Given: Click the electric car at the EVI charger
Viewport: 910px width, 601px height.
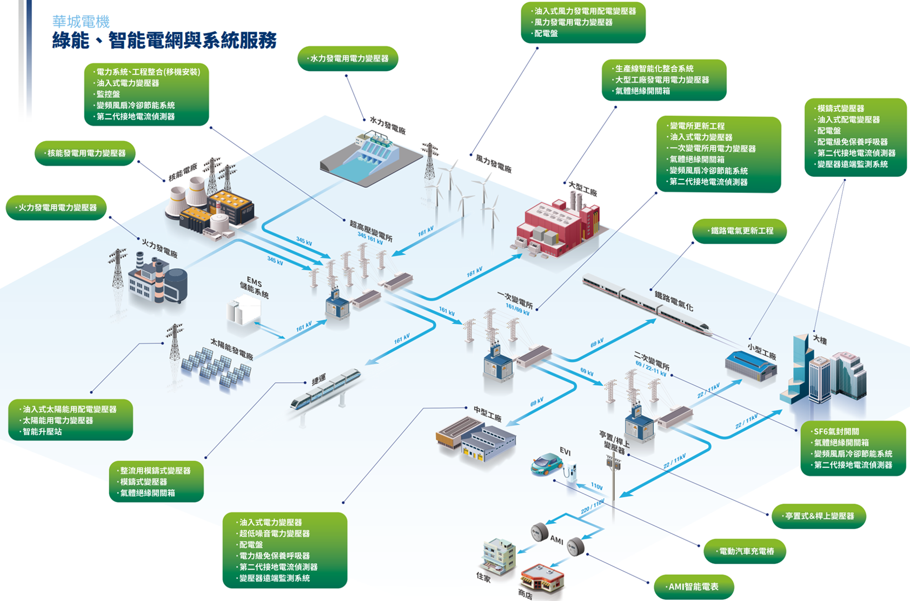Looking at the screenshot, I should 547,464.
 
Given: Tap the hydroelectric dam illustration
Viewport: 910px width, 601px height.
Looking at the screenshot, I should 368,159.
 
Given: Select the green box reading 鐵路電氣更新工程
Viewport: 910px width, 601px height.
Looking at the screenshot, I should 739,231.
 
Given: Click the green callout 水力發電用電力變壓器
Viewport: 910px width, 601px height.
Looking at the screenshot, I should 348,58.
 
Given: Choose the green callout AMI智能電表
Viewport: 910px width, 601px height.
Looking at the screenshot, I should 694,587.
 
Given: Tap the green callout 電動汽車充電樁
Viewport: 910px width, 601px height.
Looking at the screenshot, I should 745,552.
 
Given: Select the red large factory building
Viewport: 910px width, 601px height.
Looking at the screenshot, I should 557,227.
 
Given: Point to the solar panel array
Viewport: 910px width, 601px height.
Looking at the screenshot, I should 216,368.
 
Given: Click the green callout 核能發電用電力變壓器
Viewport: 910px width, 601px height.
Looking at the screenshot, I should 85,153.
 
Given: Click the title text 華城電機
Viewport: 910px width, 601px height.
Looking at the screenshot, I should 81,22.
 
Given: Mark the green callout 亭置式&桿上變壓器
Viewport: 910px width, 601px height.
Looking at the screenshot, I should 819,516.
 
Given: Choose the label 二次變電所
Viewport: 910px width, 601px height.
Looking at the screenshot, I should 652,359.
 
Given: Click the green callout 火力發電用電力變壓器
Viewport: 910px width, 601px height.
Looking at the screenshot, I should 56,208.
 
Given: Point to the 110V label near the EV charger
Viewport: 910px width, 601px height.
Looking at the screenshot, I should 596,486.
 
